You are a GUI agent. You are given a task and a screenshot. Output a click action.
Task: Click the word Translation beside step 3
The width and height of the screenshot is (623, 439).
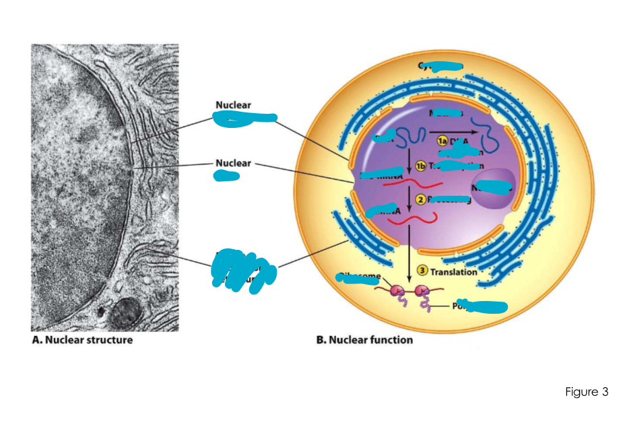coord(454,272)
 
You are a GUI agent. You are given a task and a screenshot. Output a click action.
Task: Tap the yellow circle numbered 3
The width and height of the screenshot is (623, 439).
coord(423,271)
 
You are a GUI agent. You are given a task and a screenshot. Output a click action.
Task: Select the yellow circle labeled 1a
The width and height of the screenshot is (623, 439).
coord(441,141)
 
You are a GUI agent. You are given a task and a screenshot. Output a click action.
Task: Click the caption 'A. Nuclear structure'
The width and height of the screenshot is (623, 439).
coord(82,340)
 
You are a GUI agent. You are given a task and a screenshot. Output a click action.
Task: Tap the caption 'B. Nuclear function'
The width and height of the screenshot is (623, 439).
coord(364,340)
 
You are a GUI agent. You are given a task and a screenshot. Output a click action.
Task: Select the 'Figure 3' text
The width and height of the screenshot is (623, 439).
coord(587,392)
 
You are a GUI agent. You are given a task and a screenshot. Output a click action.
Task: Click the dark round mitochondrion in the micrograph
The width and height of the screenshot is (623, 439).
coord(123,314)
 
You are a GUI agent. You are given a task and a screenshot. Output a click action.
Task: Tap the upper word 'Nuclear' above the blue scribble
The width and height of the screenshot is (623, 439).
coord(233,105)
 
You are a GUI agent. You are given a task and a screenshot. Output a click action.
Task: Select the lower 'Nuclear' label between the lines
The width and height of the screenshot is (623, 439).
coord(233,163)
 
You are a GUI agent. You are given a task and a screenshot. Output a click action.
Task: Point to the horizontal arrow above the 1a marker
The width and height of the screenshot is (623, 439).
coord(452,131)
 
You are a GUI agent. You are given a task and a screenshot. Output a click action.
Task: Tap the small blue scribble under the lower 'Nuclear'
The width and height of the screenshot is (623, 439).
coord(226,176)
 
